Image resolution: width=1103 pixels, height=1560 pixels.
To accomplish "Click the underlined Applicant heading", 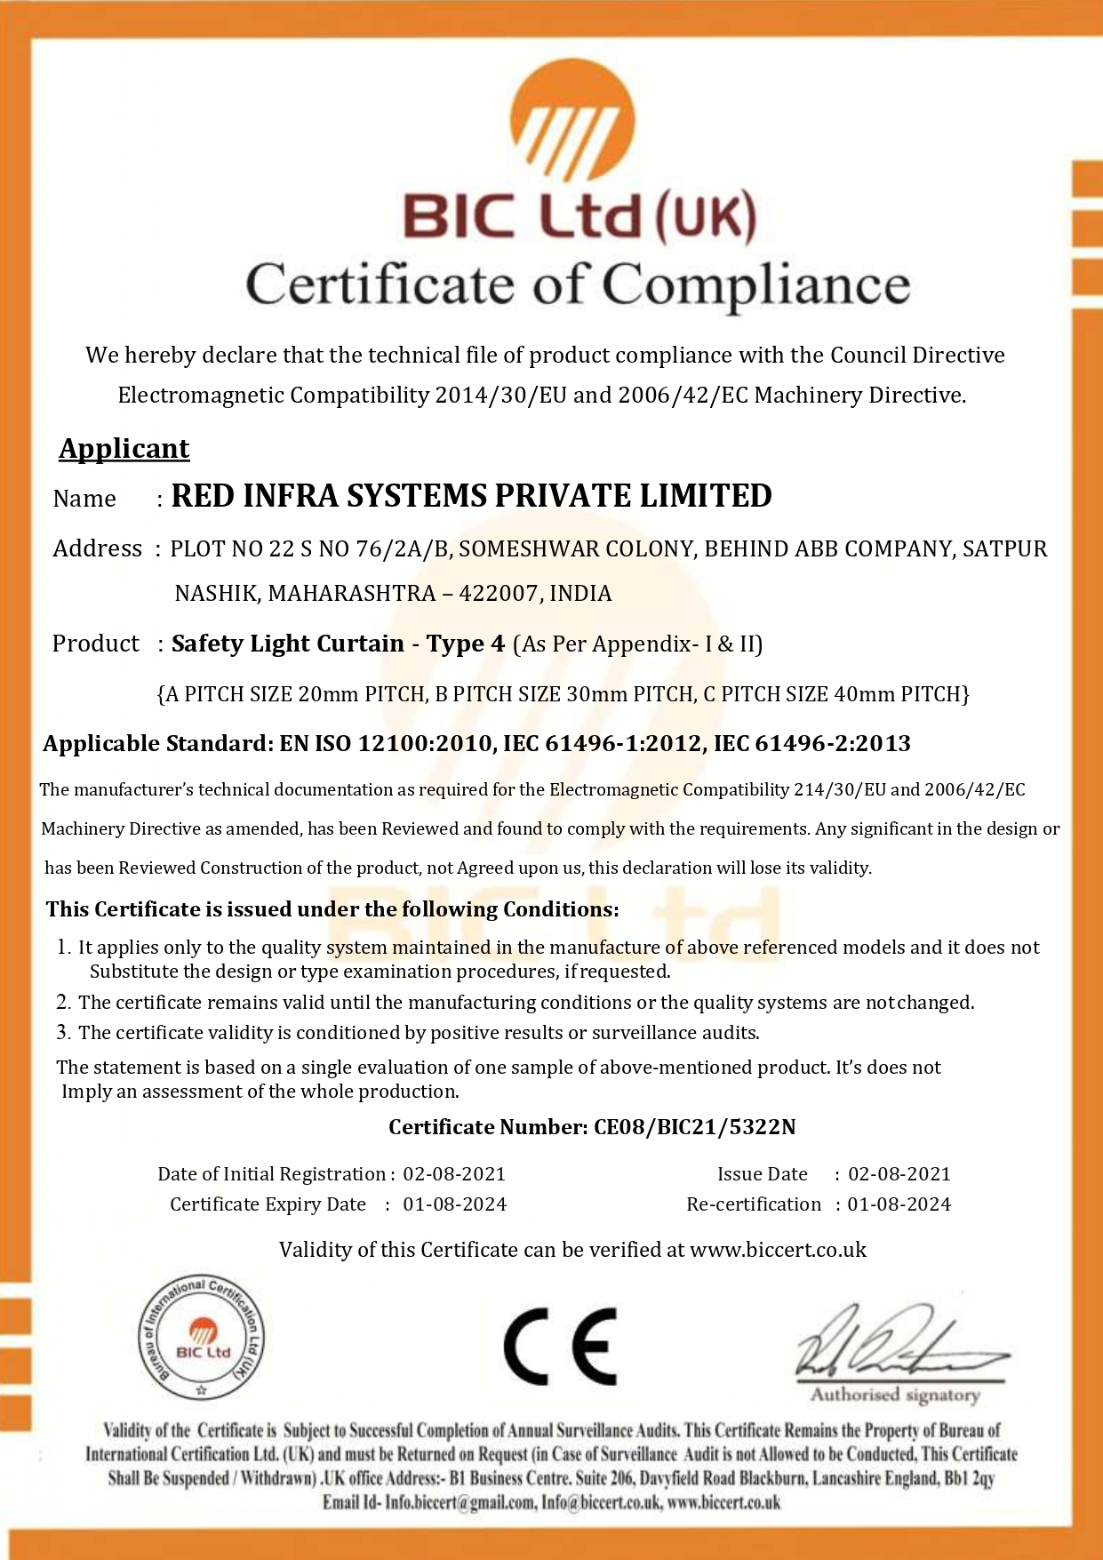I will coord(124,449).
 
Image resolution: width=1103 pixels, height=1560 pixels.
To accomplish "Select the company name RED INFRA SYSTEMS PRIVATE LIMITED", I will coord(471,496).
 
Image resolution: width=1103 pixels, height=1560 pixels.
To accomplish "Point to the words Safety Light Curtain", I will coord(287,644).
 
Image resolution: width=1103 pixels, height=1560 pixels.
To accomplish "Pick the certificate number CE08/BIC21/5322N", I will coord(694,1127).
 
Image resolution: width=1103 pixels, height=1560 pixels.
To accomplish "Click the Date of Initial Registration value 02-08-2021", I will coord(454,1174).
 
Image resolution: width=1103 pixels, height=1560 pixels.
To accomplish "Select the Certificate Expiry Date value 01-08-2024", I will coord(454,1204).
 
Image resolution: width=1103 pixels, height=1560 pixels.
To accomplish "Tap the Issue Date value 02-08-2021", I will coord(899,1174).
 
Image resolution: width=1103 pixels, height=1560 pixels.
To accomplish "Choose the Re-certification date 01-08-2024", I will coord(899,1204).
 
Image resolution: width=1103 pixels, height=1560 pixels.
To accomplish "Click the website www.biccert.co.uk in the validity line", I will coord(778,1250).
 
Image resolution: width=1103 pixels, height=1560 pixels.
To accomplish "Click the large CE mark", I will coord(560,1346).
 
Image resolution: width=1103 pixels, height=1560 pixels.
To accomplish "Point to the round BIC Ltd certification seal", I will coord(202,1340).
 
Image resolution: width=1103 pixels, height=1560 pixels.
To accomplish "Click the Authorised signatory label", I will coord(894,1396).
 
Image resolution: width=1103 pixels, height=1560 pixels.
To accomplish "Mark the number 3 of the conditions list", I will coord(63,1033).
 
